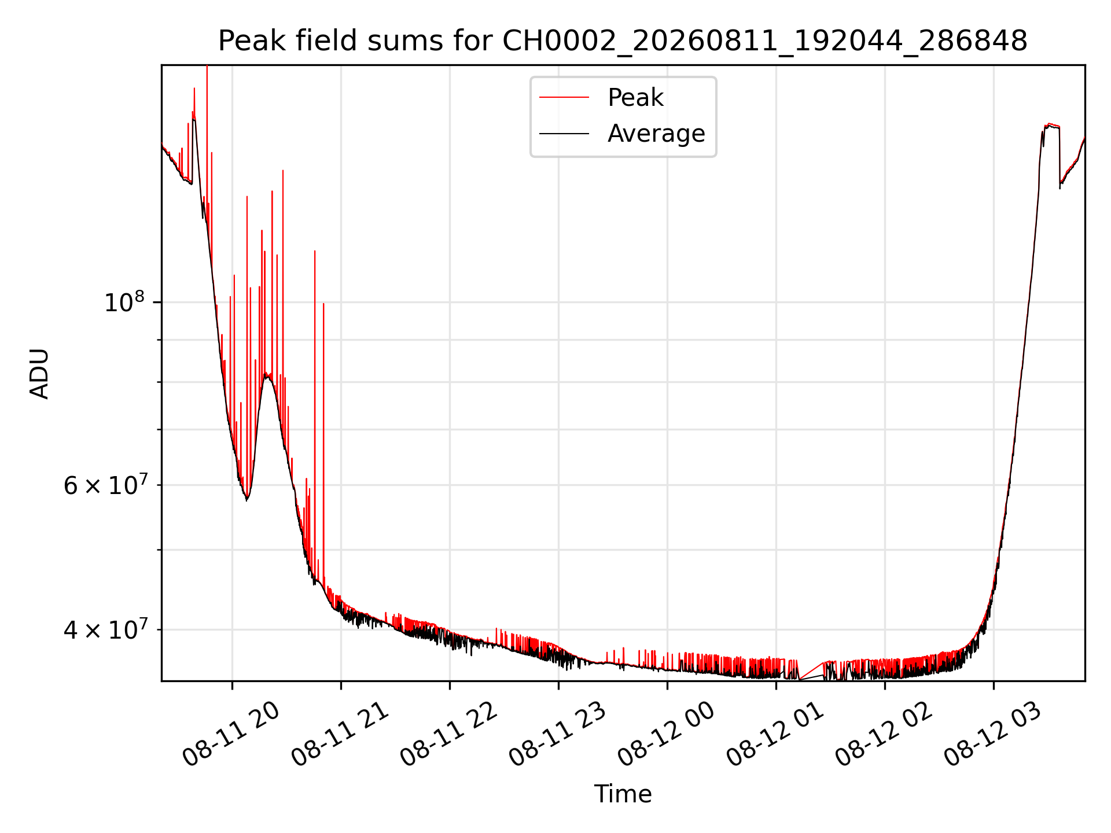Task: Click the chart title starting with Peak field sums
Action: click(623, 41)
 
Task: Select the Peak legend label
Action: click(635, 98)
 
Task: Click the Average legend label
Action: click(656, 134)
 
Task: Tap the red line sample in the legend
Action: click(564, 98)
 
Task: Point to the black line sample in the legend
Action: click(564, 134)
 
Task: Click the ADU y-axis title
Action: click(39, 374)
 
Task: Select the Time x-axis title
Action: click(623, 794)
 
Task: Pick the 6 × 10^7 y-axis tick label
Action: click(105, 485)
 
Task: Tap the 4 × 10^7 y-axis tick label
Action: click(105, 629)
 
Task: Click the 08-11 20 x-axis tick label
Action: click(231, 736)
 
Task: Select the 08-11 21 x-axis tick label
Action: click(340, 736)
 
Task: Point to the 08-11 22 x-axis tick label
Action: click(449, 736)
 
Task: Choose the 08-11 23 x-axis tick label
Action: click(558, 736)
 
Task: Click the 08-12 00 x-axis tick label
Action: click(667, 736)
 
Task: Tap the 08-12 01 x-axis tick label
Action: click(775, 736)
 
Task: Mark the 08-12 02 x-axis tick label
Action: click(884, 736)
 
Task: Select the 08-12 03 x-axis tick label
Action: click(993, 736)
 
